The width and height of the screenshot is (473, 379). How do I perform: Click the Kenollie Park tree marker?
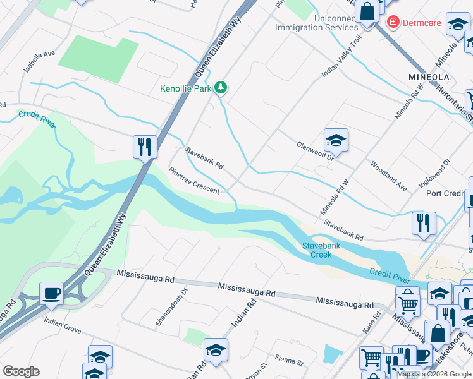(x=221, y=88)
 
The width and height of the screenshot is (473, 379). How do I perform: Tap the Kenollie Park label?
(x=185, y=89)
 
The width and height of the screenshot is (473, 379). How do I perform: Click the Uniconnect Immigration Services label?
(x=317, y=23)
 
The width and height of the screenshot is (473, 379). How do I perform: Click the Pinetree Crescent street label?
(x=194, y=181)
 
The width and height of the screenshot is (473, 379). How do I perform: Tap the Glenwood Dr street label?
(x=314, y=150)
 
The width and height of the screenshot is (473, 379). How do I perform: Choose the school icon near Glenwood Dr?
(x=336, y=141)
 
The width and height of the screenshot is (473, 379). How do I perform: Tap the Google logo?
(x=21, y=371)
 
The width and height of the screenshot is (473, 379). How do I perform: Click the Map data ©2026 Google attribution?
(x=434, y=374)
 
